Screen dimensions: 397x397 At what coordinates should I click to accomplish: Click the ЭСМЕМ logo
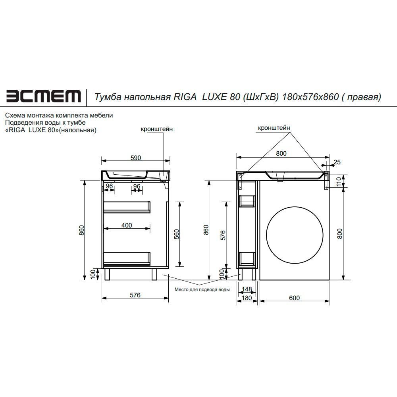[44, 96]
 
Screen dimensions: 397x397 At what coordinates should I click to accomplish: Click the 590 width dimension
[136, 158]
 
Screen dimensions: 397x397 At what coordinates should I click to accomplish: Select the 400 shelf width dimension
[127, 225]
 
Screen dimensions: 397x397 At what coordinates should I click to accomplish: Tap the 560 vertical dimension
[177, 234]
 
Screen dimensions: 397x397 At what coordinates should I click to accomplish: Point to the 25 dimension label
[337, 162]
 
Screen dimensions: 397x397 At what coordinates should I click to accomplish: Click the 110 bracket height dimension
[339, 181]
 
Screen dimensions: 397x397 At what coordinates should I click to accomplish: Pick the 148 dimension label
[247, 289]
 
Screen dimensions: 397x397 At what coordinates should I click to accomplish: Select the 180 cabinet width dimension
[247, 298]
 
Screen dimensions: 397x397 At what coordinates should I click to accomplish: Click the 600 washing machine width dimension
[295, 298]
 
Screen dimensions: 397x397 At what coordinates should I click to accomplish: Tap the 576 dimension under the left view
[135, 295]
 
